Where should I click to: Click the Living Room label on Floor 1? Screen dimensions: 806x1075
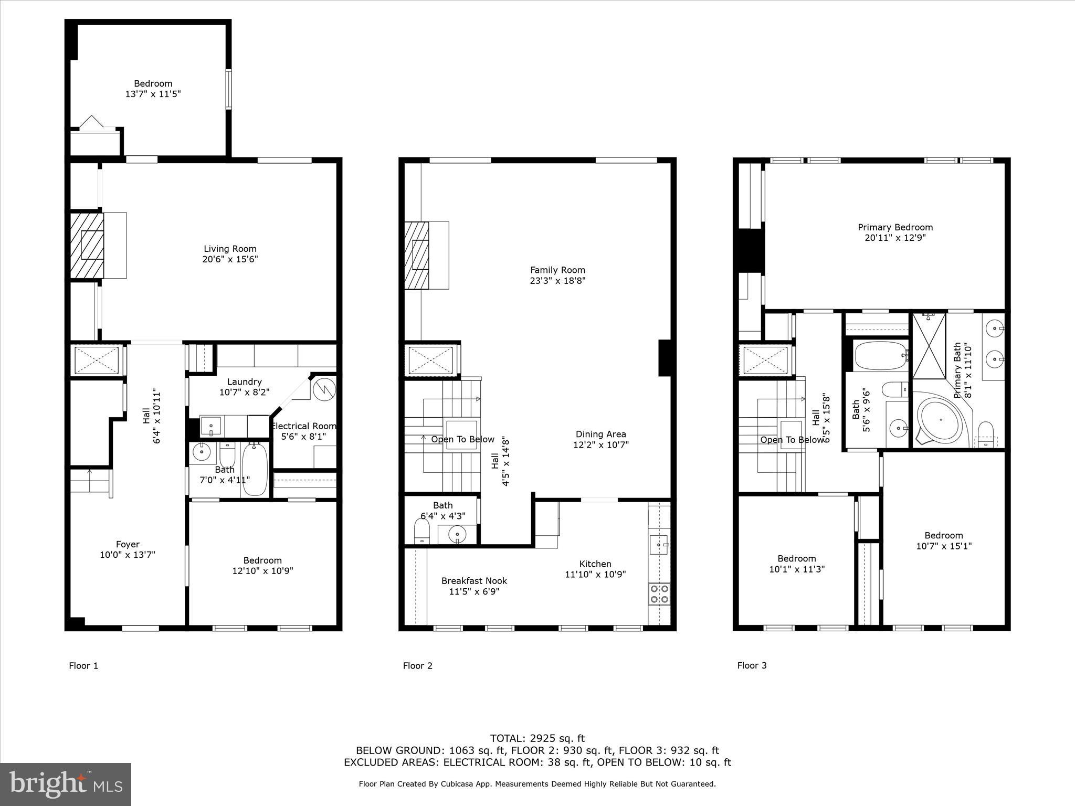point(230,249)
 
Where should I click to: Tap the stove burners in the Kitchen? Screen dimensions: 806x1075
point(659,593)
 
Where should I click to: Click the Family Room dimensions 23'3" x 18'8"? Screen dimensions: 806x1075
point(557,281)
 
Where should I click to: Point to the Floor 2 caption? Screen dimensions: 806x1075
point(417,665)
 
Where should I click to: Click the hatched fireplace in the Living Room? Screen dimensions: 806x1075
point(87,245)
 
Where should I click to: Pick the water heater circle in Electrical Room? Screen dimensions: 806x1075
point(324,389)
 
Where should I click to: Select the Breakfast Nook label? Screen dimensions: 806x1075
point(474,580)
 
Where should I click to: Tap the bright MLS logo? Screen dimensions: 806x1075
point(66,784)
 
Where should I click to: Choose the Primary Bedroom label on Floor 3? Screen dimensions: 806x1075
point(895,227)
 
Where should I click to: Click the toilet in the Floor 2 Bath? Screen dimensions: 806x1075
point(422,532)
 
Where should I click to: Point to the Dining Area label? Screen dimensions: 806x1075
point(600,434)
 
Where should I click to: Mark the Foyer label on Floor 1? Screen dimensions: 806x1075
point(128,544)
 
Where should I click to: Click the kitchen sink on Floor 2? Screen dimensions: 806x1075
point(659,545)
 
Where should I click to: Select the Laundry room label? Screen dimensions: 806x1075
point(244,381)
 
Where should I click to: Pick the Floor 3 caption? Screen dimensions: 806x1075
point(752,665)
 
